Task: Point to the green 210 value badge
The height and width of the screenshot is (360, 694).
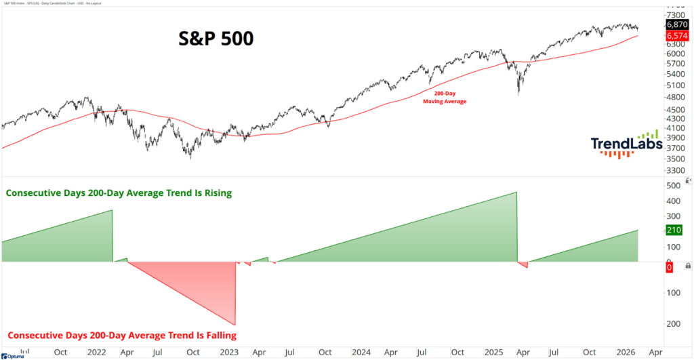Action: tap(674, 231)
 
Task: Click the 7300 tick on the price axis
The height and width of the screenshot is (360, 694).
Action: tap(676, 14)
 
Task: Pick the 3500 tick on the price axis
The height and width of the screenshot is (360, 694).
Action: tap(676, 159)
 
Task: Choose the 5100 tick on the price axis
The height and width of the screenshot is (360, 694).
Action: tap(676, 85)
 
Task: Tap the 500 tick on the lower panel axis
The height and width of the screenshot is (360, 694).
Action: tap(673, 186)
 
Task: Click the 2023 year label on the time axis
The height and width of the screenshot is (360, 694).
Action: tap(228, 353)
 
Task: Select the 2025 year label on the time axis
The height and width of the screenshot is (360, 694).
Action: tap(494, 353)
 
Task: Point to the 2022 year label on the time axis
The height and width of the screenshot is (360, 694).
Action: tap(96, 353)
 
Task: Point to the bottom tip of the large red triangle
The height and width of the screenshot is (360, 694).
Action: tap(234, 325)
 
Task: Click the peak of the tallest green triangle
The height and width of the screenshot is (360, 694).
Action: tap(516, 193)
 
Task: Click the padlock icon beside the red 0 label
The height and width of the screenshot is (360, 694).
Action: tap(688, 266)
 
